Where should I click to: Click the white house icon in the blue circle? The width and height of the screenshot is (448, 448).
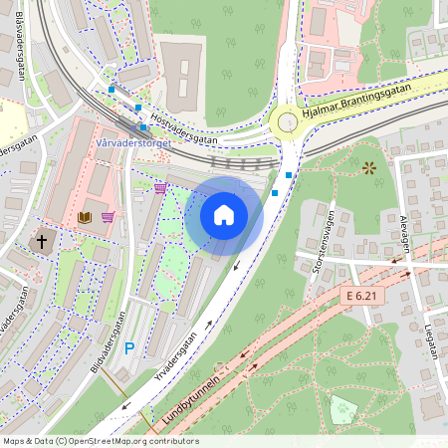pyautogui.click(x=224, y=215)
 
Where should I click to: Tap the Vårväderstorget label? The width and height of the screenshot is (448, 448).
pyautogui.click(x=134, y=142)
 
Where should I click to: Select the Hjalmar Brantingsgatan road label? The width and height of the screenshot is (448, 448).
pyautogui.click(x=362, y=102)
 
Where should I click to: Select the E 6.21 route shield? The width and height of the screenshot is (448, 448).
pyautogui.click(x=364, y=296)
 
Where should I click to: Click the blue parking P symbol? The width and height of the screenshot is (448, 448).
pyautogui.click(x=128, y=349)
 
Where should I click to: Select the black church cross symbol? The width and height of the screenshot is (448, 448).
pyautogui.click(x=43, y=241)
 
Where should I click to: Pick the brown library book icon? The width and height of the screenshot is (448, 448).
pyautogui.click(x=85, y=216)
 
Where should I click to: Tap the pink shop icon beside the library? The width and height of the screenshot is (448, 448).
pyautogui.click(x=108, y=216)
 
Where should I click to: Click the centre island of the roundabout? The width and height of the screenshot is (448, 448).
pyautogui.click(x=288, y=121)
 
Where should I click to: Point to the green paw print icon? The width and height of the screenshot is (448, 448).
pyautogui.click(x=344, y=405)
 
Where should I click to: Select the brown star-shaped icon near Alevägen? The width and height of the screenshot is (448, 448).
pyautogui.click(x=371, y=168)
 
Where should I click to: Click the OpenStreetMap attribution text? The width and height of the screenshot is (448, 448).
pyautogui.click(x=101, y=441)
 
